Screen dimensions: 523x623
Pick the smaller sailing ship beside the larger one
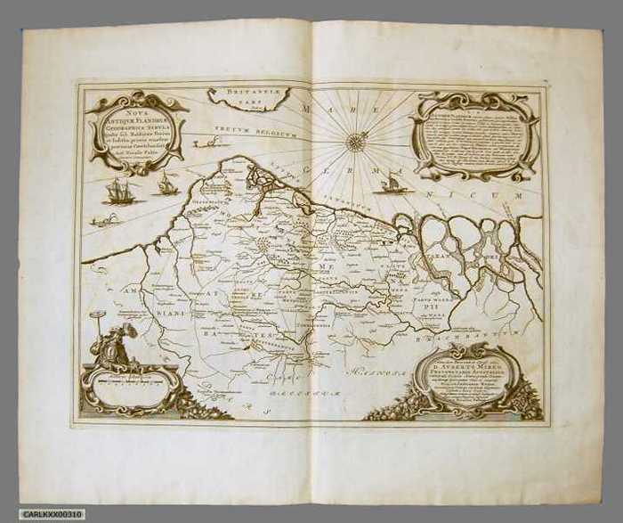(165, 184)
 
